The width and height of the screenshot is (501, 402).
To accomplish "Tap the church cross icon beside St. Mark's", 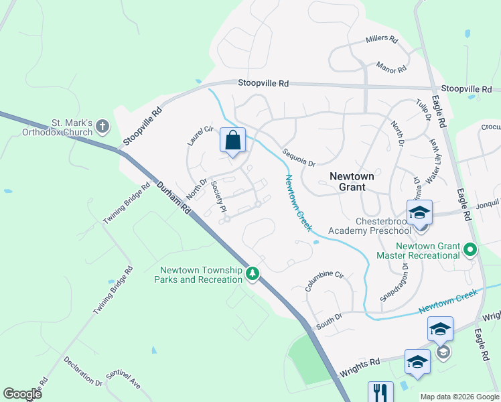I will coord(102,125).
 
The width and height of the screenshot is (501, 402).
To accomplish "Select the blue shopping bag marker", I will coord(232,141).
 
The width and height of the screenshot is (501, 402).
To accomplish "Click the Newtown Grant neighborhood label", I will coord(352,182).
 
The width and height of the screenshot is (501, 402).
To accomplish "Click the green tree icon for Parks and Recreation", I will coord(253,273).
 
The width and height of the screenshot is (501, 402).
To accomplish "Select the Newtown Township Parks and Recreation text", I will coord(200,275).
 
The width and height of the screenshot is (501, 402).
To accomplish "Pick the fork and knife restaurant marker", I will coord(380,391).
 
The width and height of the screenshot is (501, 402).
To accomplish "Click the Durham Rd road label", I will coord(173,200).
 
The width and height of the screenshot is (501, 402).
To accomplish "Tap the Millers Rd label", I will coord(382,40).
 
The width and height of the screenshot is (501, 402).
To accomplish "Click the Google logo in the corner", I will coord(22,394).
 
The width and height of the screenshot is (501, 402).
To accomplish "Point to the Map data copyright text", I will coord(459,397).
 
